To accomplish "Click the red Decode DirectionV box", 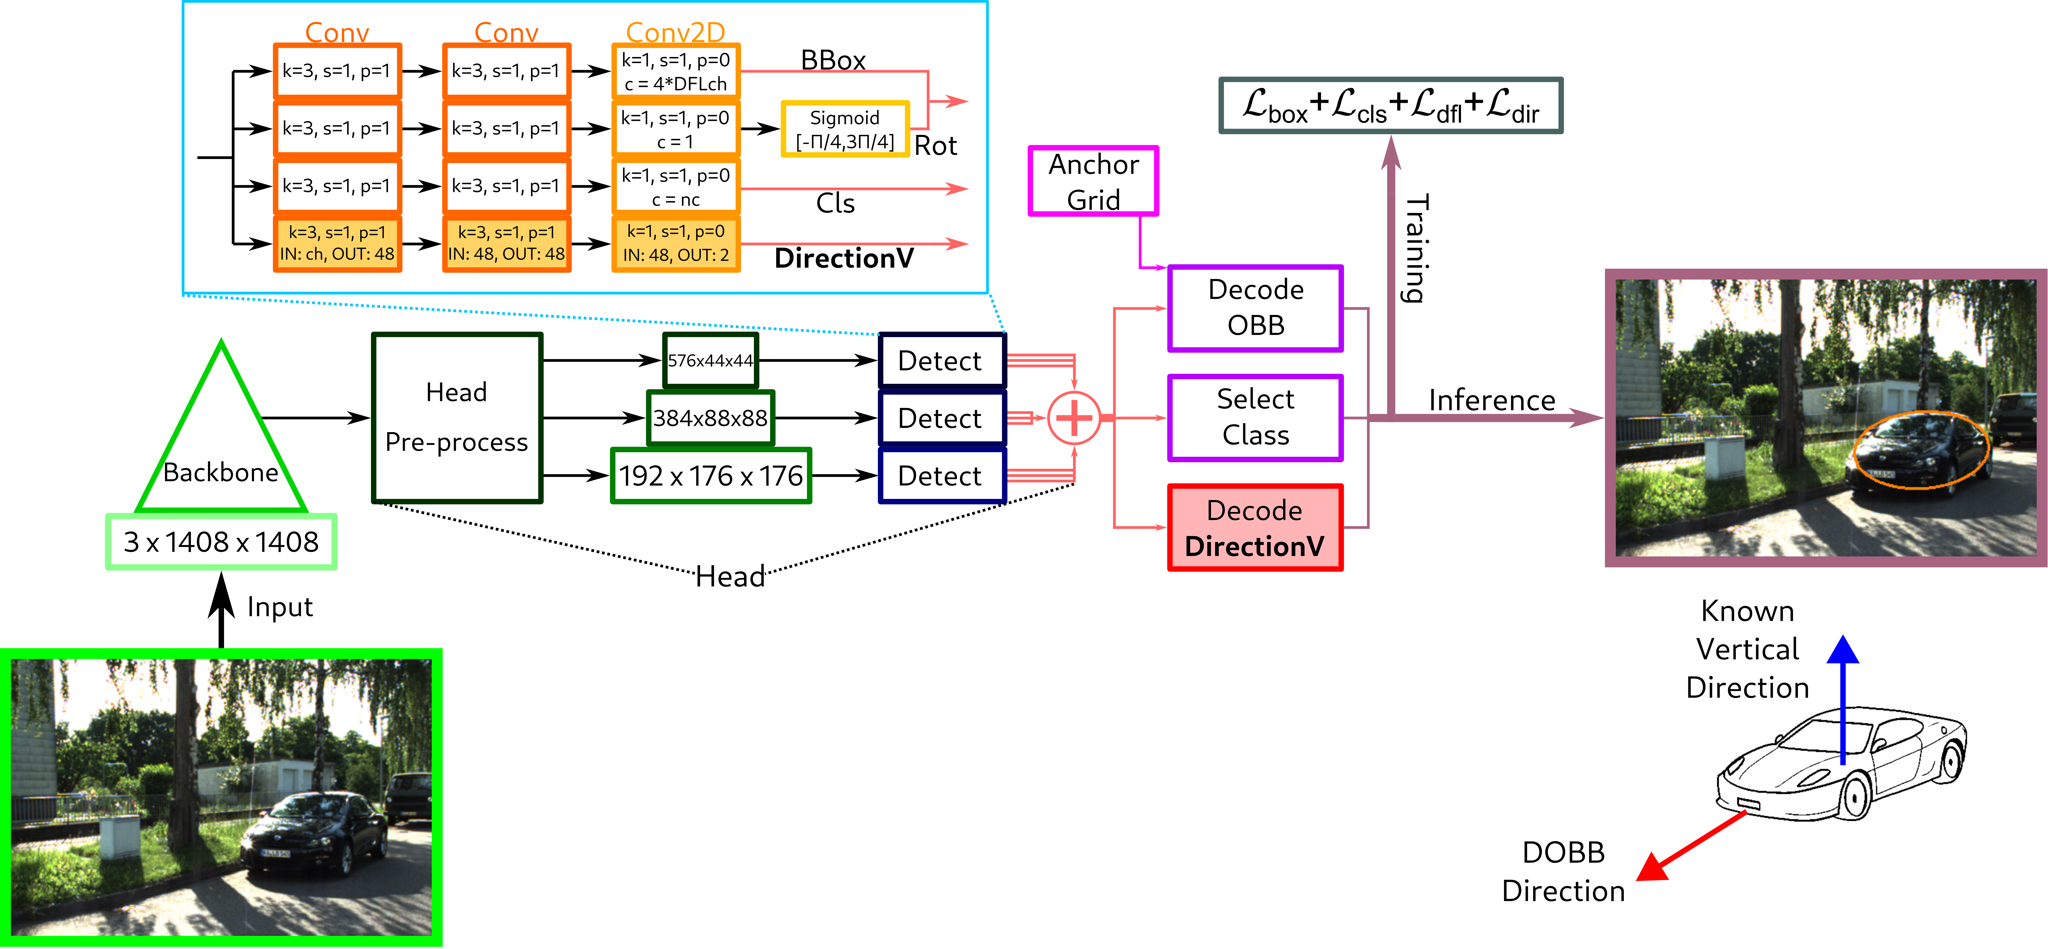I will point(1254,528).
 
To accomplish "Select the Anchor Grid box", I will point(1093,181).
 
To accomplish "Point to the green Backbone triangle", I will point(221,445).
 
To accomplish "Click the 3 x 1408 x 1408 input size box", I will point(221,542).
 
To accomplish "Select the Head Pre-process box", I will point(456,417).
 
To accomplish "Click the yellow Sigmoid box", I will point(844,129).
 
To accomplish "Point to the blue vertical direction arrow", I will point(1842,699).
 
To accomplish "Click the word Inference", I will point(1491,400).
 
